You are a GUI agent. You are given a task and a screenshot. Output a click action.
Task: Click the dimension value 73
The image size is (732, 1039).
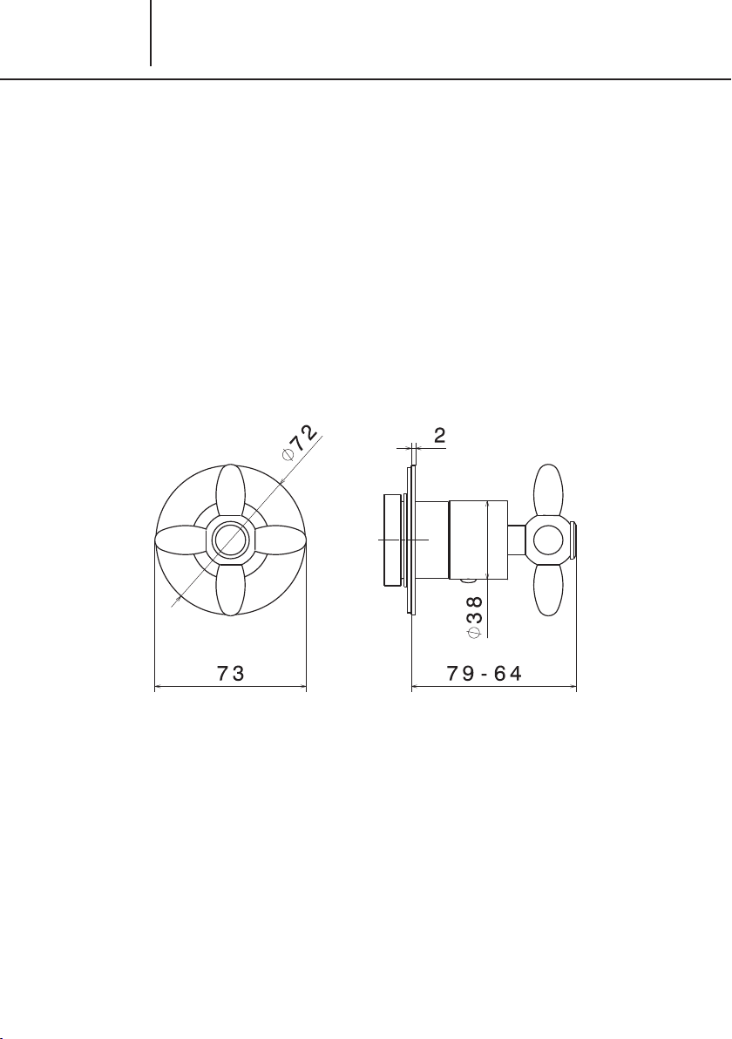click(x=231, y=673)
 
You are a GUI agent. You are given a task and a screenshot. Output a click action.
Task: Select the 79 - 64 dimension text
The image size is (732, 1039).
click(x=485, y=673)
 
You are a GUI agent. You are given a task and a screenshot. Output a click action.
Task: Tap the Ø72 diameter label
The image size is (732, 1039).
click(x=300, y=444)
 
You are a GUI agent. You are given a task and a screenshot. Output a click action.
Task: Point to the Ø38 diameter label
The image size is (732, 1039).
click(x=475, y=616)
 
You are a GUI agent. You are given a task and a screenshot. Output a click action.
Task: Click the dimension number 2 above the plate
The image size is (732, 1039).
click(x=439, y=435)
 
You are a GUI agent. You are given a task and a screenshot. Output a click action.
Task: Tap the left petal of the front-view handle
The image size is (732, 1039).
click(x=180, y=540)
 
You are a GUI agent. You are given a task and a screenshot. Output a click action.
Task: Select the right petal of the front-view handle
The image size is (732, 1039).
click(x=280, y=540)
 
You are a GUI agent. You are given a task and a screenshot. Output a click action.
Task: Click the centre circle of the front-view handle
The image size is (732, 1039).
click(x=230, y=540)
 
